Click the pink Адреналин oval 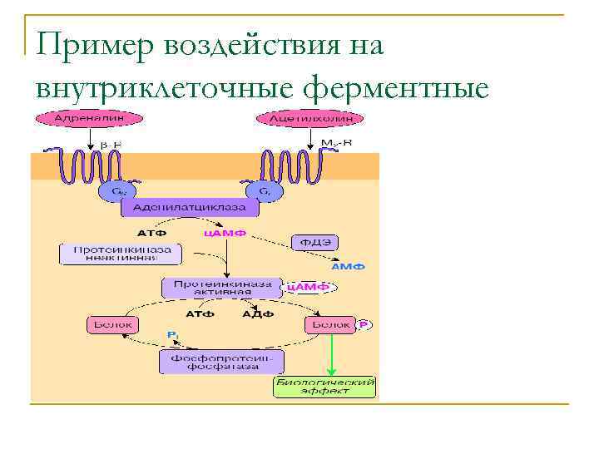(83, 119)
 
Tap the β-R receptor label (111, 144)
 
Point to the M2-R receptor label (336, 143)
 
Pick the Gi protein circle (264, 191)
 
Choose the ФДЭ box (314, 243)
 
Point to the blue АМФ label (347, 267)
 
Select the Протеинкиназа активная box (222, 288)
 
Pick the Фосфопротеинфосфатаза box (221, 362)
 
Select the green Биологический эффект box (325, 387)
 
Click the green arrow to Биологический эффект (333, 353)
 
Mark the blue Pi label (172, 334)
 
